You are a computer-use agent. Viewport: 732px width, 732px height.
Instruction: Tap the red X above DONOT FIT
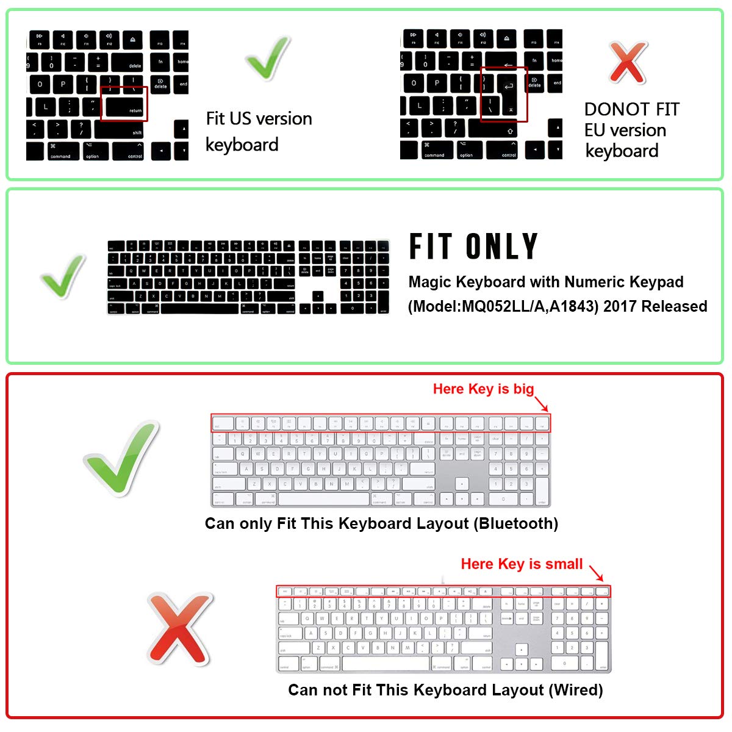[x=627, y=62]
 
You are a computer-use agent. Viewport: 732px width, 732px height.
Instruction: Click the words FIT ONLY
[x=473, y=246]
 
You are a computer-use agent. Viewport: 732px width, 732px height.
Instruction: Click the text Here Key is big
[x=483, y=389]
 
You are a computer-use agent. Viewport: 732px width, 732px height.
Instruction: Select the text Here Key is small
[x=522, y=564]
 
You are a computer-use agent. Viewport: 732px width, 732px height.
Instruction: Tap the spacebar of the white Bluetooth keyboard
[x=323, y=499]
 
